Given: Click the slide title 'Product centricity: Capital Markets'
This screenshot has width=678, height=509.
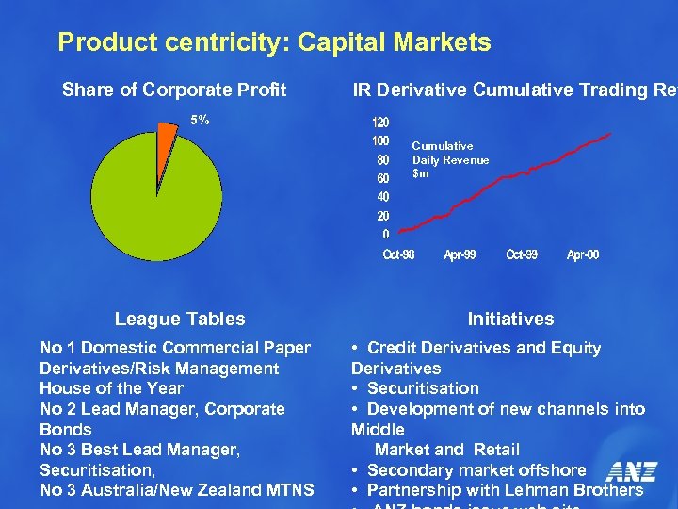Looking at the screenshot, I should (274, 42).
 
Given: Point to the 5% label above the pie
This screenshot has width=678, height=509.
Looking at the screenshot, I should (200, 121).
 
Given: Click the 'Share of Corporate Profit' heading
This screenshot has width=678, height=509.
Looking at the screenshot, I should (174, 90).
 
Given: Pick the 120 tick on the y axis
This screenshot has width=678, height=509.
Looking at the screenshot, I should (379, 123).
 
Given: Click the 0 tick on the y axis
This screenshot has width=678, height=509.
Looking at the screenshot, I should (385, 234).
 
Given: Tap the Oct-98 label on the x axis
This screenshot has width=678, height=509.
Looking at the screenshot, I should (398, 255).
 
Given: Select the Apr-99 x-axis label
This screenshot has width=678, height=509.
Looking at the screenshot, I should (460, 255).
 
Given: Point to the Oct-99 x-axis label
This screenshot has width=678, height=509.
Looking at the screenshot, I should (522, 255).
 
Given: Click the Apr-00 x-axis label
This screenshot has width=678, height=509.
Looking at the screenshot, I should (583, 255).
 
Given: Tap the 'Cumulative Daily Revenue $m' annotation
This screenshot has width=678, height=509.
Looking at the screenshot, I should (450, 160).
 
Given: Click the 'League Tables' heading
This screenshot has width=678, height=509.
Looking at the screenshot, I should (179, 320).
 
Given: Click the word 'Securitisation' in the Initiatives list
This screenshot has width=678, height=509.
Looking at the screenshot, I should (423, 388).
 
